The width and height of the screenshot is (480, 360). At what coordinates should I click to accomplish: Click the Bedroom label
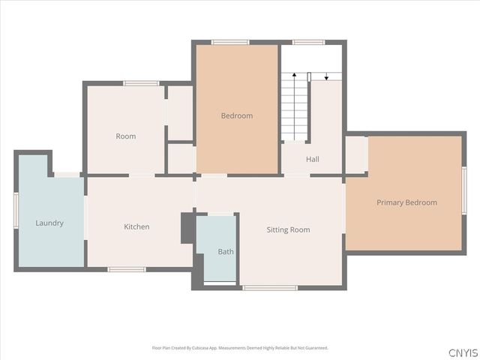click(x=236, y=115)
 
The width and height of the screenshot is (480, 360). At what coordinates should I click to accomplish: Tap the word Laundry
click(x=49, y=223)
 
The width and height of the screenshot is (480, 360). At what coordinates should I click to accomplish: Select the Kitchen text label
click(x=136, y=226)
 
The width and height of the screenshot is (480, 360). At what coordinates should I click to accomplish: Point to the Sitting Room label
click(x=288, y=229)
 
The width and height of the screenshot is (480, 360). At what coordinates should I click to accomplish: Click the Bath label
click(x=226, y=252)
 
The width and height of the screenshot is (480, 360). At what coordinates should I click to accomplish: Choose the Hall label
click(x=313, y=159)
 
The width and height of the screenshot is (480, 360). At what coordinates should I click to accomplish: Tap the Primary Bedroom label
click(x=406, y=202)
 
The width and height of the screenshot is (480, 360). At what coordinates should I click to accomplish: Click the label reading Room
click(x=125, y=136)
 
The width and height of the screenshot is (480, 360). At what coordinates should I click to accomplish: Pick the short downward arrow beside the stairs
click(x=327, y=76)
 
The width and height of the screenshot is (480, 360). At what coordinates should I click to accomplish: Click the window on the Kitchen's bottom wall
click(x=127, y=268)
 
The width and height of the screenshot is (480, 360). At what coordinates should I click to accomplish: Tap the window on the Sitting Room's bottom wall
click(x=270, y=287)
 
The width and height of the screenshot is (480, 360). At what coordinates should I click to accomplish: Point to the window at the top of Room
click(x=141, y=83)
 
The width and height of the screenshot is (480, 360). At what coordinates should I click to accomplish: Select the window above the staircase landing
click(x=308, y=42)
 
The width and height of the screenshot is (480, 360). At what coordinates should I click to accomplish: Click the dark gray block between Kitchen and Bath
click(x=187, y=229)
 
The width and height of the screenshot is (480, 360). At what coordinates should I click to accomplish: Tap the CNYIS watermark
click(x=462, y=352)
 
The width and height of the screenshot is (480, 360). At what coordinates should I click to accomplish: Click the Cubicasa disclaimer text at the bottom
click(x=240, y=348)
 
